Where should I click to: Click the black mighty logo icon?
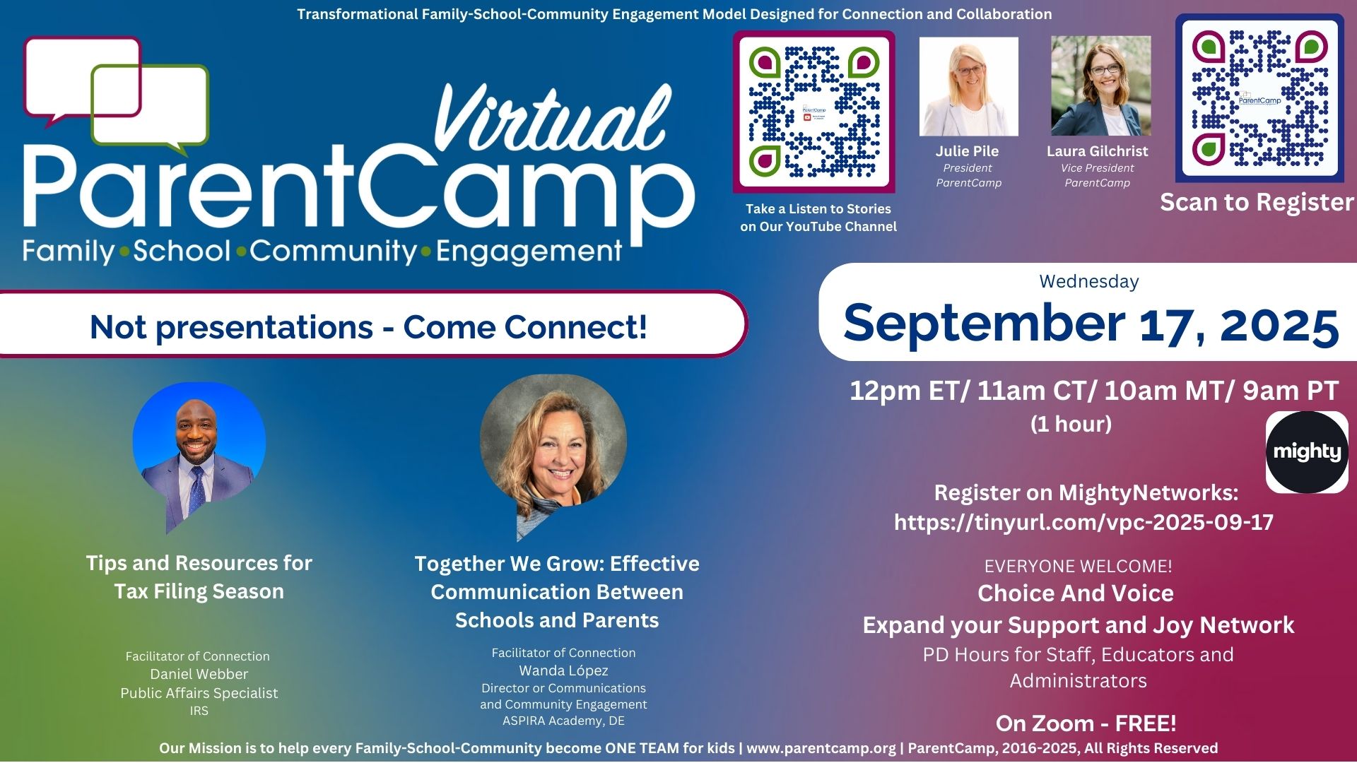(x=1307, y=452)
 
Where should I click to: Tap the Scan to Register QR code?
(x=1259, y=98)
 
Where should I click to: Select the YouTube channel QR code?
(x=814, y=112)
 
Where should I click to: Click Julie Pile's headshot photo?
(x=968, y=86)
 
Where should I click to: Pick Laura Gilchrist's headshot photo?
(x=1100, y=86)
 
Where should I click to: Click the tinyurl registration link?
(x=1083, y=522)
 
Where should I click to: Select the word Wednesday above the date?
(x=1088, y=282)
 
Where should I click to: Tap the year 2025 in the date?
(x=1279, y=325)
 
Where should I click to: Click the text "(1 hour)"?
(x=1071, y=424)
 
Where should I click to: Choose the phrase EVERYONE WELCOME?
(x=1078, y=566)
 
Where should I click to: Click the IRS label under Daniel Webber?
(x=199, y=711)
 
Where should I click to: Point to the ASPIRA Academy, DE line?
(x=563, y=721)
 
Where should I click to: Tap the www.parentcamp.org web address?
(x=821, y=748)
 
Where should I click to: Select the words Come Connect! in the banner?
(x=525, y=327)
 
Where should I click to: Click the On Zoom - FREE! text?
(x=1086, y=723)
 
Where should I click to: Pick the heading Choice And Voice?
(x=1075, y=593)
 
